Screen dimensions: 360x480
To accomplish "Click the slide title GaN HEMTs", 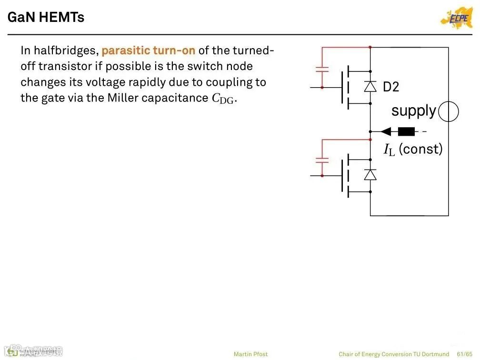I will (x=46, y=18).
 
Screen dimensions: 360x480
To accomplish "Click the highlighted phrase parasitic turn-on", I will (x=148, y=50).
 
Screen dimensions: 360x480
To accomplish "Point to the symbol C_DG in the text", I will (x=223, y=99).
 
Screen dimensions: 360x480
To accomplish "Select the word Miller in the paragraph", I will (x=124, y=98).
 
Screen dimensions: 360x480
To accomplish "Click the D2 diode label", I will (x=391, y=87).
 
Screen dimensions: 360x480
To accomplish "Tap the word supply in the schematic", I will (x=413, y=111).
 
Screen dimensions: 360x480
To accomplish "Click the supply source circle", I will (x=448, y=112).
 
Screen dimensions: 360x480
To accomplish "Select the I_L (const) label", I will (x=413, y=150).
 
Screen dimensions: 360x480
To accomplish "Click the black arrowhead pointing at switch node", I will (x=386, y=131).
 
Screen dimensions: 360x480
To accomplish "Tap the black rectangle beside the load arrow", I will (x=406, y=131).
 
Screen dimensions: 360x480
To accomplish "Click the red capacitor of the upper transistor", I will (x=322, y=70).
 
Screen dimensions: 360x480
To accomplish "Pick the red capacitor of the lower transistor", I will (x=322, y=160).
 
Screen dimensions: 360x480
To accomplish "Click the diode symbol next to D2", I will (x=370, y=86).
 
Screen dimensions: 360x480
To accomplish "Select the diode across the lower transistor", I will (x=370, y=174).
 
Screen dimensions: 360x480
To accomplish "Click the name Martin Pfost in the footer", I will (x=250, y=354).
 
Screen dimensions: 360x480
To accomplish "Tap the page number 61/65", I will (x=464, y=354).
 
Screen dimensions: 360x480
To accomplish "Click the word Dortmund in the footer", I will (x=435, y=354).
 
